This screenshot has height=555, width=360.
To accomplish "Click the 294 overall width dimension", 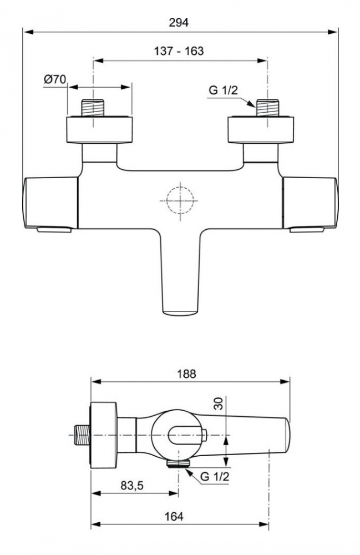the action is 179,23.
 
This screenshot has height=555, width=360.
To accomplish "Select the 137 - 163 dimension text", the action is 179,51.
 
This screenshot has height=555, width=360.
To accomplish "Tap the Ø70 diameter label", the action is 55,79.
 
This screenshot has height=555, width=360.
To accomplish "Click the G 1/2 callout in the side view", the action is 215,476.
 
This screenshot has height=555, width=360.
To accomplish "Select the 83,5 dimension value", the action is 132,486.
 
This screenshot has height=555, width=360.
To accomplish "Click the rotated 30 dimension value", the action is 220,403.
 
